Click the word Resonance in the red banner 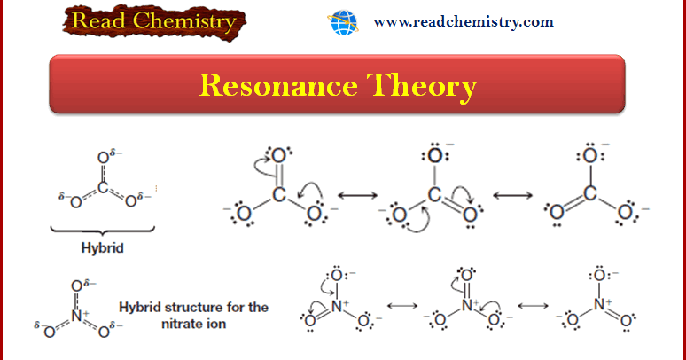269,85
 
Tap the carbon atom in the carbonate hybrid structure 102,187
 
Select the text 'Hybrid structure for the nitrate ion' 193,315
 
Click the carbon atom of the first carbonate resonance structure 278,195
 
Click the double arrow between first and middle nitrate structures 401,306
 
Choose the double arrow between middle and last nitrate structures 533,306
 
